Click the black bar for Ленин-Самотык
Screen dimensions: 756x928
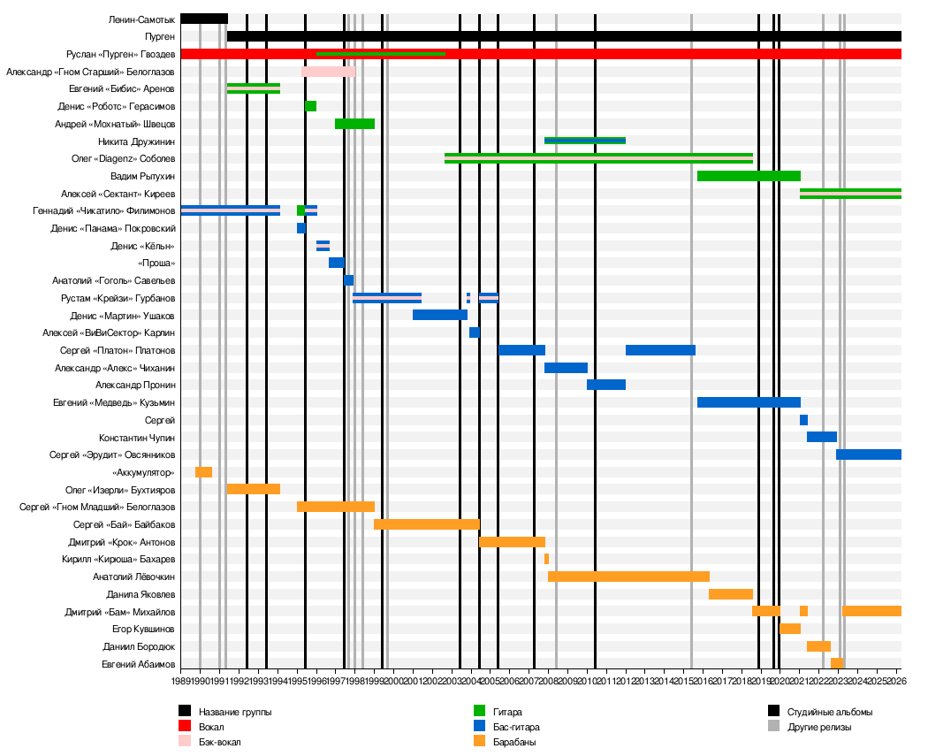pyautogui.click(x=203, y=19)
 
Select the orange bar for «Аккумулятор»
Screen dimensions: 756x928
pyautogui.click(x=203, y=472)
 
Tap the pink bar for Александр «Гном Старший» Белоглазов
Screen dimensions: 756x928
pyautogui.click(x=328, y=72)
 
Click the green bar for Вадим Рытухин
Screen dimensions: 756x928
pyautogui.click(x=749, y=176)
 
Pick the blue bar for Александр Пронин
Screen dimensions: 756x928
pyautogui.click(x=606, y=385)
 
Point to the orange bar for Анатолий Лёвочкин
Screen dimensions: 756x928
pyautogui.click(x=628, y=577)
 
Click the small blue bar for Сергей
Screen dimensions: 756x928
pyautogui.click(x=803, y=420)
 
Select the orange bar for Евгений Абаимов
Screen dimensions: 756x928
pyautogui.click(x=836, y=663)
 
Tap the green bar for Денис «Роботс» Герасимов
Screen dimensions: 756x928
pyautogui.click(x=311, y=106)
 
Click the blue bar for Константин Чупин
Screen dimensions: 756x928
pyautogui.click(x=822, y=437)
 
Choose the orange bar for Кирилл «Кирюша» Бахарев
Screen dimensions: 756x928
pyautogui.click(x=546, y=559)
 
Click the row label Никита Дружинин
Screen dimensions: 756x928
pyautogui.click(x=136, y=141)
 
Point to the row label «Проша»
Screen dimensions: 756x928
pyautogui.click(x=156, y=263)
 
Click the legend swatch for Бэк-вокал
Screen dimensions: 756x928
pyautogui.click(x=185, y=742)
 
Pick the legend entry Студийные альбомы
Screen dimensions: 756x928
pyautogui.click(x=829, y=712)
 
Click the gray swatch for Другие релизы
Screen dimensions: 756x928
pyautogui.click(x=774, y=727)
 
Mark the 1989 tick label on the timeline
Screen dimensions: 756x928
pyautogui.click(x=181, y=680)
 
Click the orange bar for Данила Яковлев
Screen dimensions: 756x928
pyautogui.click(x=731, y=594)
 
